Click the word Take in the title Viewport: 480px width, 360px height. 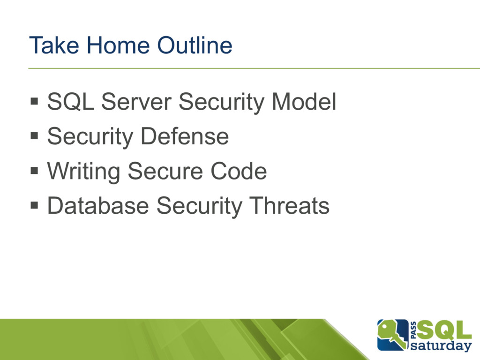[x=54, y=45]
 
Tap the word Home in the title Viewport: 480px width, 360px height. [x=118, y=45]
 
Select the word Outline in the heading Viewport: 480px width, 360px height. [x=195, y=45]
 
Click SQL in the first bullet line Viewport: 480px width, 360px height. [x=70, y=102]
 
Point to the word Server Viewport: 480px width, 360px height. [x=136, y=102]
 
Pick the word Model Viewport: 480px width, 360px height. [x=304, y=102]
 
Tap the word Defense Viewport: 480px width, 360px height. [x=185, y=136]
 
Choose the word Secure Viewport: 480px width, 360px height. [x=165, y=171]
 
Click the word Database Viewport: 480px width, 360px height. [x=98, y=206]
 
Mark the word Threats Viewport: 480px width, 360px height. [x=289, y=206]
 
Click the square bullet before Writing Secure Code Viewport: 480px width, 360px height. [x=34, y=170]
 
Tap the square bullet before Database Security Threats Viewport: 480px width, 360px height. [x=34, y=205]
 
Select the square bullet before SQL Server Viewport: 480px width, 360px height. [x=34, y=101]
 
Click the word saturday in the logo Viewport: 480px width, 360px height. [x=441, y=346]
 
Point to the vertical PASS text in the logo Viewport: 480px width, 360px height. [x=413, y=330]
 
